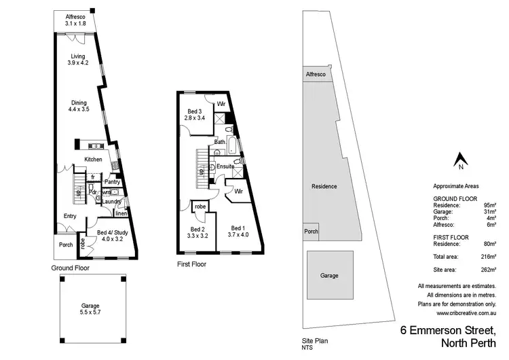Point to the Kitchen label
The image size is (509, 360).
coord(93,159)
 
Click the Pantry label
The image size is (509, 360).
coord(112,181)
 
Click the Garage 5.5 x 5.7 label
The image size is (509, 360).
coord(91,309)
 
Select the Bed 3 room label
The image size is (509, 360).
coord(195,115)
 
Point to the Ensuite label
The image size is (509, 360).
coord(225,166)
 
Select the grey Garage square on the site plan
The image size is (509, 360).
coord(330,275)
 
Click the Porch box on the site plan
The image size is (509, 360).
coord(312,231)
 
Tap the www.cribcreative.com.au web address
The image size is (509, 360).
coord(467,313)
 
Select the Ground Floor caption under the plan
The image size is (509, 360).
coord(71,268)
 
